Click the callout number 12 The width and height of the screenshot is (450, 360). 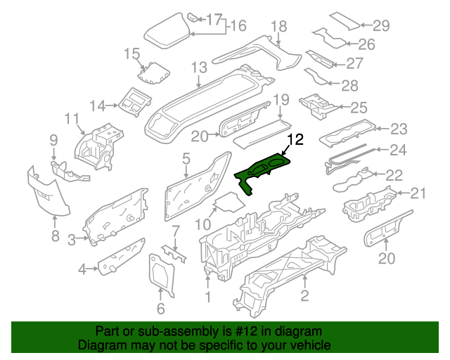pos(295,140)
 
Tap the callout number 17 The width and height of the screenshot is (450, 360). pos(214,18)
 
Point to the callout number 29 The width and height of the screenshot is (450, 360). pos(380,26)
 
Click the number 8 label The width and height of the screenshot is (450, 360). pos(56,236)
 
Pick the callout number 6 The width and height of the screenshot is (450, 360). pos(160,308)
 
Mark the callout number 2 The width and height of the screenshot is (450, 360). pos(304,296)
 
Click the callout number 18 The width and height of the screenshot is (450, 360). pos(279,27)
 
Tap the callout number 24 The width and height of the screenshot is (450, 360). pos(398,150)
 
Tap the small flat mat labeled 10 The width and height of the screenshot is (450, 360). pos(225,204)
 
